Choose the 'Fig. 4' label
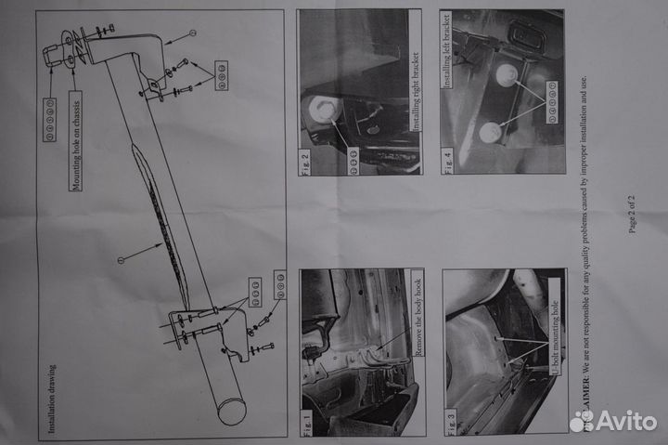(x=450, y=158)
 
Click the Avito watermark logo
(x=616, y=420)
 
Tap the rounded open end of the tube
(x=232, y=409)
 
